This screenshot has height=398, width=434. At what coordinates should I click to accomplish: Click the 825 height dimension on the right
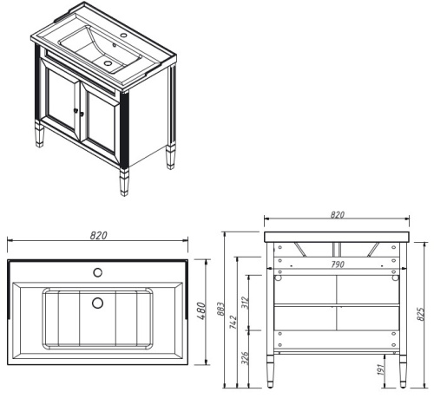(x=423, y=309)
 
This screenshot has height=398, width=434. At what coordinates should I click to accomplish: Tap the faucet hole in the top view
(x=97, y=272)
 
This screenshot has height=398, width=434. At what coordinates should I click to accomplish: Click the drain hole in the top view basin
(x=97, y=303)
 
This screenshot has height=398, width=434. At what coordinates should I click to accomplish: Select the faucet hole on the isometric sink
(x=122, y=36)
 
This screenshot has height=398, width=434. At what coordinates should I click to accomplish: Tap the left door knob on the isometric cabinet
(x=76, y=109)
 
